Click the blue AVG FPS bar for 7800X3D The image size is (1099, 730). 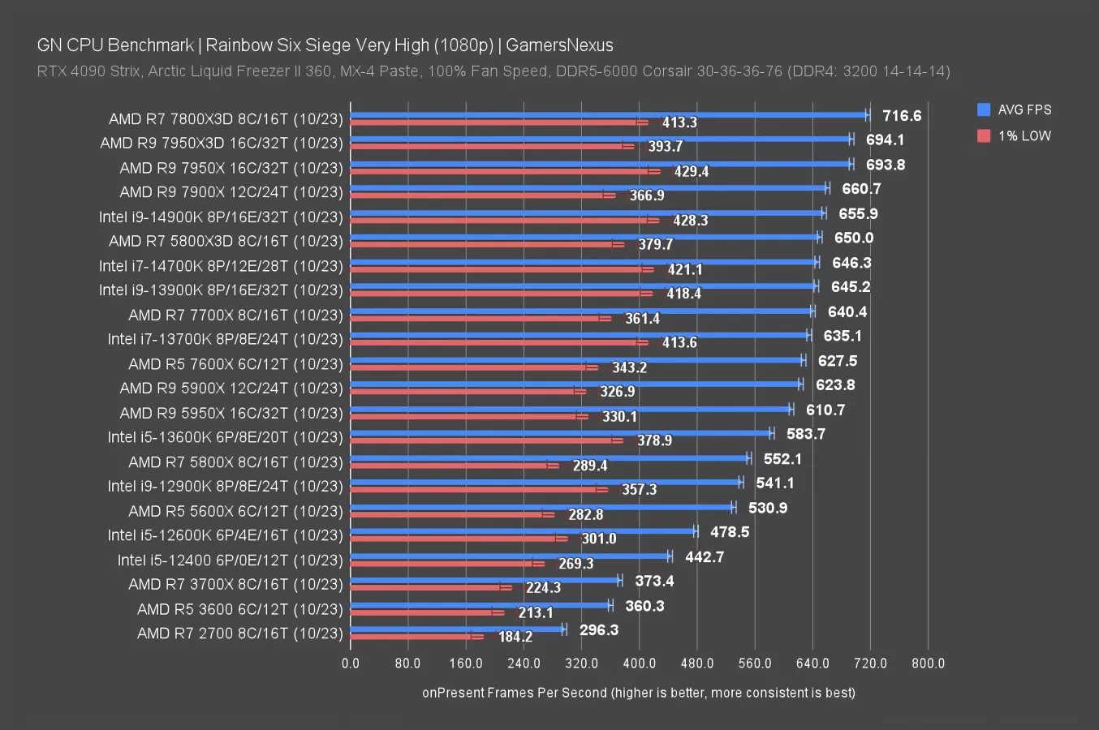[609, 115]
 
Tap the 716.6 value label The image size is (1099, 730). [902, 116]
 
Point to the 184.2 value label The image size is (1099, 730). [515, 637]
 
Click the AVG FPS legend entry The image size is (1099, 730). [1015, 109]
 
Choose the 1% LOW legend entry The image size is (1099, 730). [1015, 135]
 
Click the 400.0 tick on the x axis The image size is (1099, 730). [640, 663]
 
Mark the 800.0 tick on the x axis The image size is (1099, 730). [929, 663]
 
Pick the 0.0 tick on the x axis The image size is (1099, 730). [351, 663]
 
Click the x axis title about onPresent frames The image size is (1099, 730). [638, 693]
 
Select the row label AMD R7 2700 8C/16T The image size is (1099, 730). [239, 633]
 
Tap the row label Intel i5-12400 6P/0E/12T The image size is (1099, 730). [230, 560]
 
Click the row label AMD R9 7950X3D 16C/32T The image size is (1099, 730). [222, 144]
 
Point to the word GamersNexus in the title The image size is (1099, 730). [559, 45]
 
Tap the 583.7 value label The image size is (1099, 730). [805, 434]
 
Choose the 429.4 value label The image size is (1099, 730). [691, 171]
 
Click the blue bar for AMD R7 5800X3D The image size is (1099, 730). [584, 237]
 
